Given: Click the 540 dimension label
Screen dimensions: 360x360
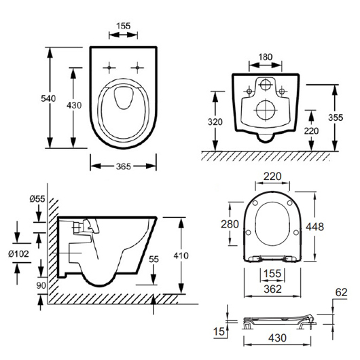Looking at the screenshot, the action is [48, 98].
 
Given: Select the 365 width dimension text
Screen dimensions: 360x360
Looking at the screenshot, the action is [124, 166].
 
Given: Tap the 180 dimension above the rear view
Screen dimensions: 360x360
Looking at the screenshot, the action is [266, 57].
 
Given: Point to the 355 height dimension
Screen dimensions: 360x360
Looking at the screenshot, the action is [336, 118].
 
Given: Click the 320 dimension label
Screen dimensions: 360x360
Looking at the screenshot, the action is [215, 122].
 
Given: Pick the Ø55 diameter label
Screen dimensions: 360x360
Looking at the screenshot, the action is [37, 199].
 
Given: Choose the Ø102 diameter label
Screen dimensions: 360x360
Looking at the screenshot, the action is [18, 254].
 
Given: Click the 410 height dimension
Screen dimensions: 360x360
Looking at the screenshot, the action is [181, 255].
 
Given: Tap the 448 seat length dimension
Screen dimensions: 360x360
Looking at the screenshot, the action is [314, 227].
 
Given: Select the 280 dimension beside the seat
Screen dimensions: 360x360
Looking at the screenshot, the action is [230, 224].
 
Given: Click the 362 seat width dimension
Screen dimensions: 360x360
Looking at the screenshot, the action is [272, 289].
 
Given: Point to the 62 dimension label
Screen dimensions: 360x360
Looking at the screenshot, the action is [341, 293].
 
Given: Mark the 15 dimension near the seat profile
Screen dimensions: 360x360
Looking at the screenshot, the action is [219, 331].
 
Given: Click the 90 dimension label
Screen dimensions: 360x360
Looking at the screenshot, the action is [41, 285].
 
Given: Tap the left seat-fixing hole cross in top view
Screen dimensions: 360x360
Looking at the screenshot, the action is [109, 68].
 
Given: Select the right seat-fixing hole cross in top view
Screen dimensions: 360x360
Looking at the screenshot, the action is [137, 68].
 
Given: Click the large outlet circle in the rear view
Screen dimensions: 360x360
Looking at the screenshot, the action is [266, 110].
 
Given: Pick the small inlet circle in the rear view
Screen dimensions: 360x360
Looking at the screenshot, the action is [266, 85].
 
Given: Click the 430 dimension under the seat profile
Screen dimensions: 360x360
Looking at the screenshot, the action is [277, 338].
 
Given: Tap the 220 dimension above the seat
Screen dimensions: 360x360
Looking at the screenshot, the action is [272, 177].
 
